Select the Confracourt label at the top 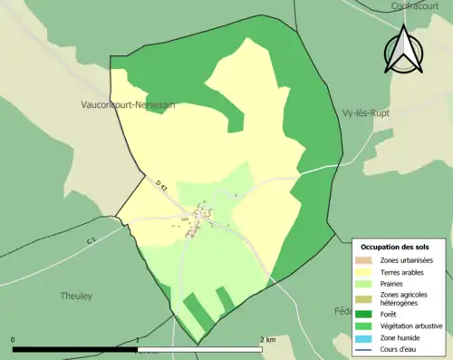coord(420,5)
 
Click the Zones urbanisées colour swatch coord(366,260)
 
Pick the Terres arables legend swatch coord(366,273)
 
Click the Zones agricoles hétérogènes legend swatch coord(366,299)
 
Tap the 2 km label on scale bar coord(268,340)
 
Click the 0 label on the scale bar coord(14,340)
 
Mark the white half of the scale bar coord(199,349)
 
